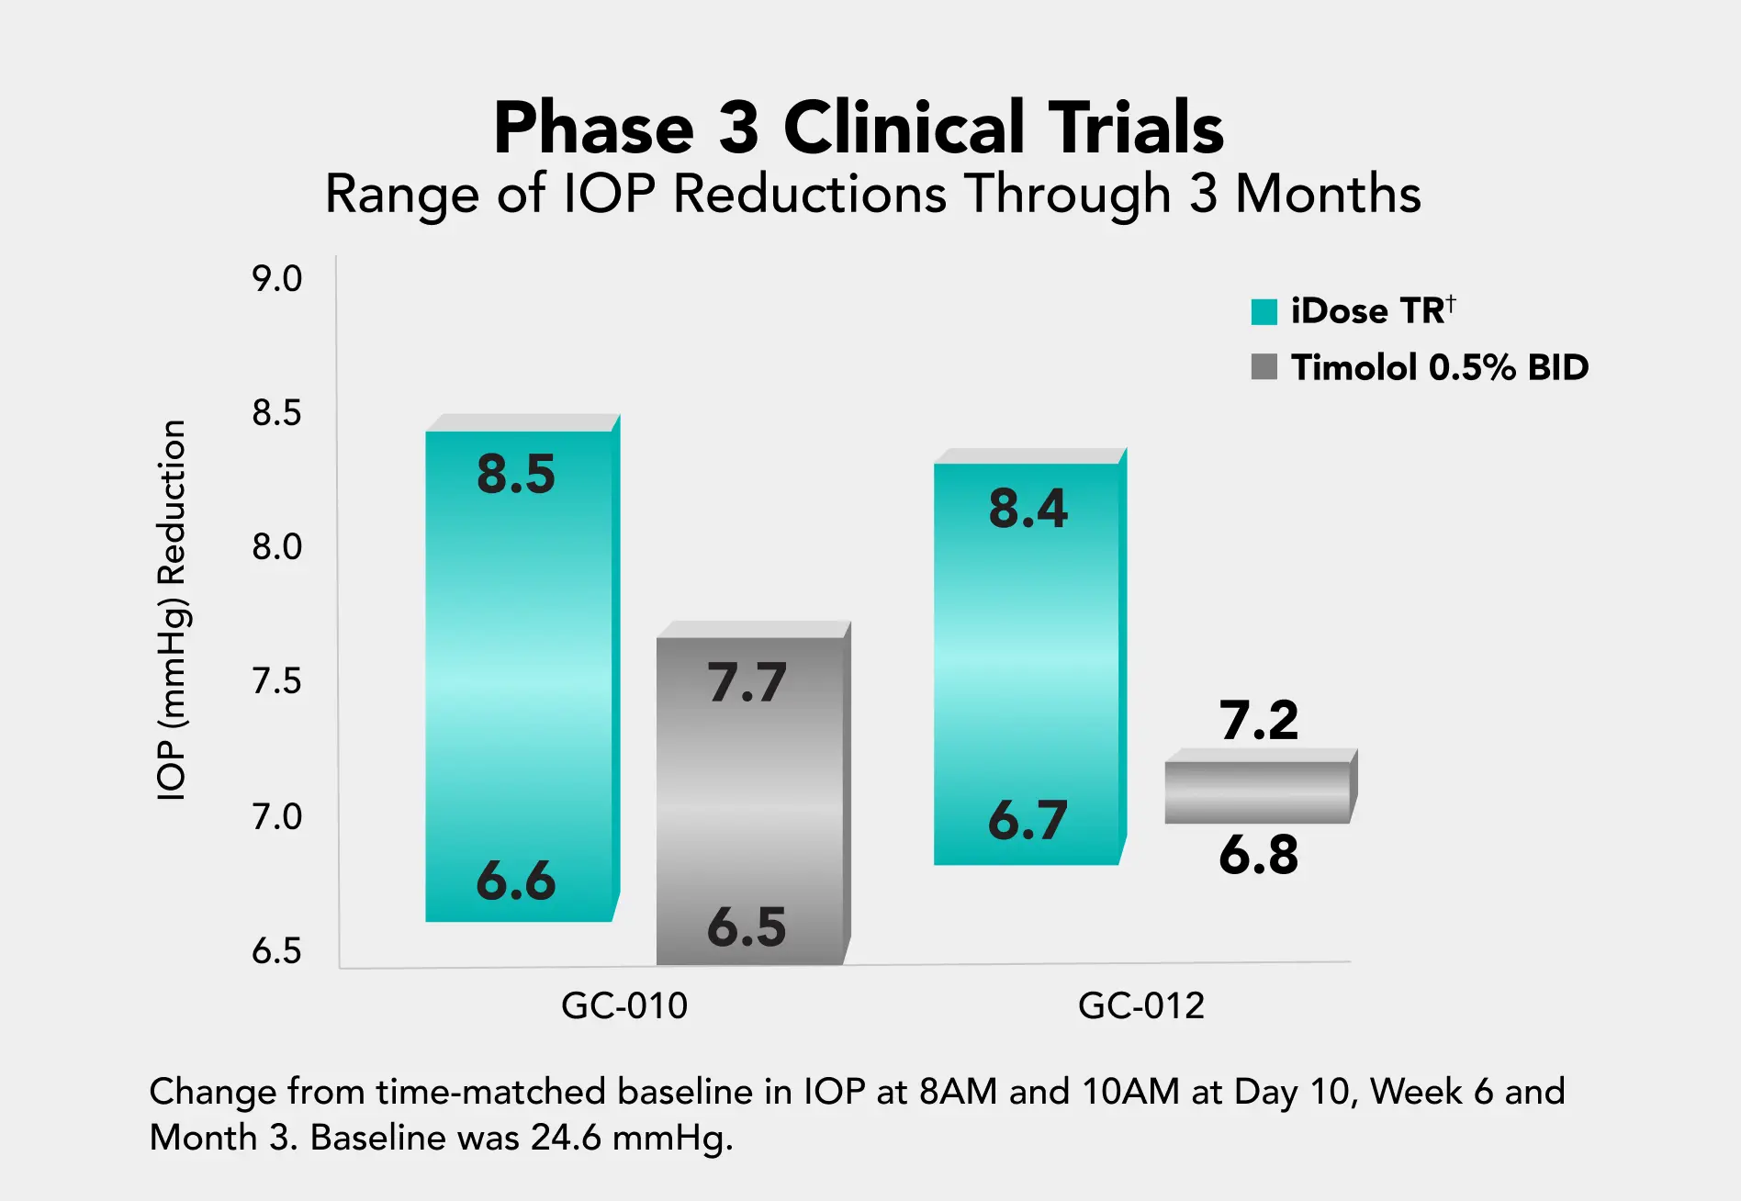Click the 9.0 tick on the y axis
[276, 279]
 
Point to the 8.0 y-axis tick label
[276, 547]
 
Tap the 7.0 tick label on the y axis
[276, 816]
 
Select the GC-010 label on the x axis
[624, 1006]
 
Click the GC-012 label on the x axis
[1140, 1006]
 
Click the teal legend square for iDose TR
[1264, 312]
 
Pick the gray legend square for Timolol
[1264, 367]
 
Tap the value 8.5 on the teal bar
[516, 475]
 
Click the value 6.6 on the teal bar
[516, 881]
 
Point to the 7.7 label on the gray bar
[747, 683]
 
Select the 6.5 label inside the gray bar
[747, 927]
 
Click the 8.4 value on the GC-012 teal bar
[1028, 509]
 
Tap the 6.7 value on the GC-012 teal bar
[1028, 820]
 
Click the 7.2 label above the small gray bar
[1259, 720]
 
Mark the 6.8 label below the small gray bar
[1259, 855]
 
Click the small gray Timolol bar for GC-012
[1258, 791]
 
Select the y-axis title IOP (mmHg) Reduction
[172, 610]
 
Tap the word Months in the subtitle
[1328, 195]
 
